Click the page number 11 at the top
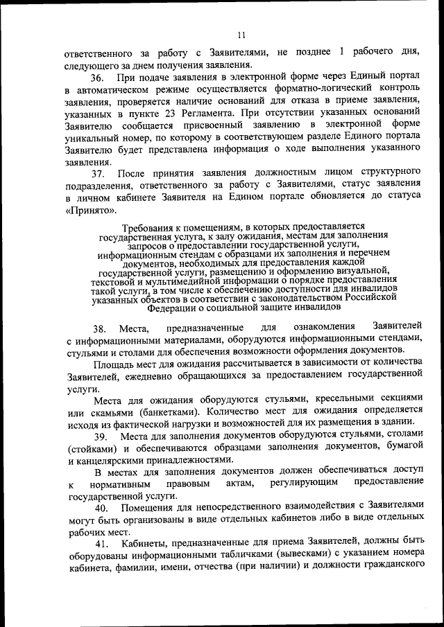point(241,35)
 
